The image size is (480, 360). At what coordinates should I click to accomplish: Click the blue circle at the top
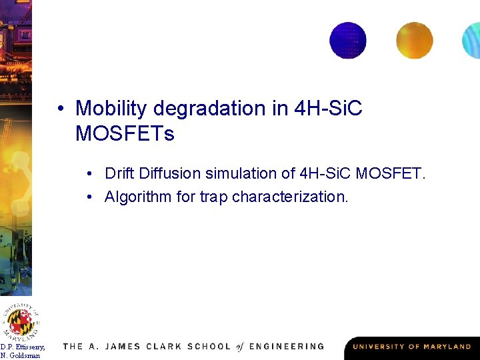pyautogui.click(x=348, y=40)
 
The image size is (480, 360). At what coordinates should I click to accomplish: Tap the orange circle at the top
pyautogui.click(x=414, y=40)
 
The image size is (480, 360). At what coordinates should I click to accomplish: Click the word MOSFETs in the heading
pyautogui.click(x=125, y=134)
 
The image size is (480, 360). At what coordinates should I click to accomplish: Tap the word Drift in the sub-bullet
pyautogui.click(x=119, y=173)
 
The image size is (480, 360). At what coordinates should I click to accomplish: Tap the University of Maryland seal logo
pyautogui.click(x=21, y=321)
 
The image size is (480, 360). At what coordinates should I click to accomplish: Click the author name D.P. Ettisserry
pyautogui.click(x=23, y=347)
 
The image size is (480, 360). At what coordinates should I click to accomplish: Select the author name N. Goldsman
pyautogui.click(x=20, y=355)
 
